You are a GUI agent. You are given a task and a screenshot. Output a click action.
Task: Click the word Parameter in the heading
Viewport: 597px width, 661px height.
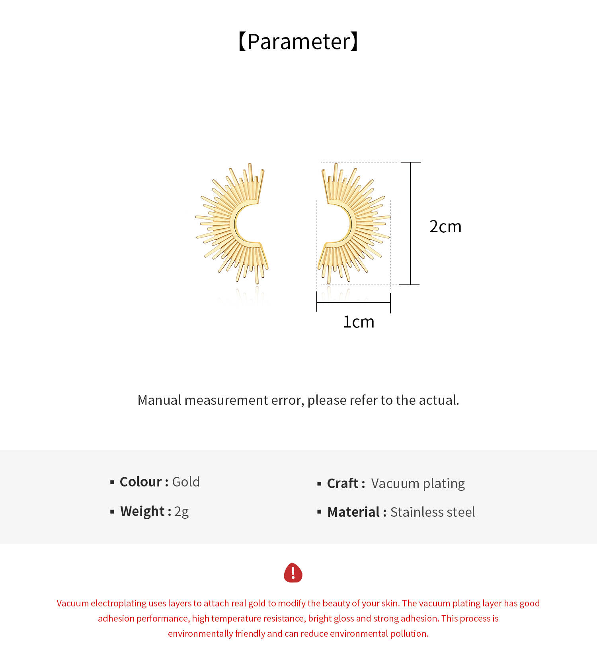coord(298,41)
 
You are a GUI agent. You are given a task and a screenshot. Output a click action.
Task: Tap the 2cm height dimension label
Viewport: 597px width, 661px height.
coord(445,226)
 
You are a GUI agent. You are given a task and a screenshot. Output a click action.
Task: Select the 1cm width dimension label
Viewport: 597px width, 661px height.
coord(359,322)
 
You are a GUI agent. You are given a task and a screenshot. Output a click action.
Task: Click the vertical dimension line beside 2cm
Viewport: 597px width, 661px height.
coord(410,223)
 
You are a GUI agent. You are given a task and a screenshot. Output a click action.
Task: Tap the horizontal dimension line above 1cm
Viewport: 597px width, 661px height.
coord(353,302)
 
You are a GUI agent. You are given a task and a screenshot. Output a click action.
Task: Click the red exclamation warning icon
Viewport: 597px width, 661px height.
coord(293,573)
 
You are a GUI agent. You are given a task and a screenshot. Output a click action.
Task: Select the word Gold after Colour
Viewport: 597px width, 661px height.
coord(186,482)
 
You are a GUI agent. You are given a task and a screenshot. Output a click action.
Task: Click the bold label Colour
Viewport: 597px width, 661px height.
coord(141,482)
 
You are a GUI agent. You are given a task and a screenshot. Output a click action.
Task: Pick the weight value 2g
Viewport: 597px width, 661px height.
coord(181,511)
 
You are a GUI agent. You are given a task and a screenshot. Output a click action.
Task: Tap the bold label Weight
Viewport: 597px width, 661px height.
coord(142,511)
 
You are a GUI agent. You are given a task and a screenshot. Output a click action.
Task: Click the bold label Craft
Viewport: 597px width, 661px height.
coord(343,483)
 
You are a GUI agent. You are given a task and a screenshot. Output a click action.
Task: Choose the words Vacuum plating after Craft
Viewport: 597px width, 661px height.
coord(418,483)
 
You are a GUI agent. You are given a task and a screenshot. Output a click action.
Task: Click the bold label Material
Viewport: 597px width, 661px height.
coord(353,512)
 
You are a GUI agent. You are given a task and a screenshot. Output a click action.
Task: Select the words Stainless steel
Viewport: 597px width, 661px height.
coord(433,512)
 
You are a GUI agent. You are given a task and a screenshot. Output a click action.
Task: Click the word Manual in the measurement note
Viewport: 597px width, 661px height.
coord(159,400)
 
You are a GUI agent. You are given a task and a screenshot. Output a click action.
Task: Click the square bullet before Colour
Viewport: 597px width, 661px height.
coord(112,482)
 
